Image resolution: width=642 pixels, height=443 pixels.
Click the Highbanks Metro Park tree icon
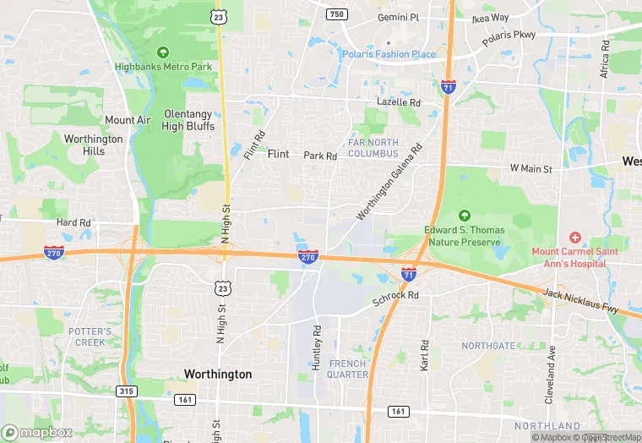[x=162, y=53]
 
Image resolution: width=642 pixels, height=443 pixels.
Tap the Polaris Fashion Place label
[x=389, y=55]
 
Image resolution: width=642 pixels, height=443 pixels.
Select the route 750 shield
[x=337, y=14]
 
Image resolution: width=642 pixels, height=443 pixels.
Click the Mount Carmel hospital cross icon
[x=575, y=238]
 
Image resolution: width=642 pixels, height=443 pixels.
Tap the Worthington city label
[x=218, y=374]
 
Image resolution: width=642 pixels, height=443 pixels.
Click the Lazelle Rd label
[x=399, y=102]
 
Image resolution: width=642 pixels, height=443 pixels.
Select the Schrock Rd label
[x=396, y=296]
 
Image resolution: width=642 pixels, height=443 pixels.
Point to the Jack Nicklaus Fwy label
[x=582, y=300]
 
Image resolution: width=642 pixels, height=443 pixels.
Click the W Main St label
[x=530, y=169]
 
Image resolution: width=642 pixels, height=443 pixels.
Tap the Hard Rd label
[x=73, y=223]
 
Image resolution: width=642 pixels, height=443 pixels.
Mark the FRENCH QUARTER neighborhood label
[x=348, y=369]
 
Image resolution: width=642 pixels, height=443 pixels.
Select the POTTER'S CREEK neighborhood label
[x=90, y=336]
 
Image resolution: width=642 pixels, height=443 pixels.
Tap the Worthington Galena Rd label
[x=389, y=183]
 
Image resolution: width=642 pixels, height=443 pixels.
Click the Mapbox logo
[x=36, y=432]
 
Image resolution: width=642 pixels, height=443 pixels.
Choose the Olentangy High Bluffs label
[x=188, y=120]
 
